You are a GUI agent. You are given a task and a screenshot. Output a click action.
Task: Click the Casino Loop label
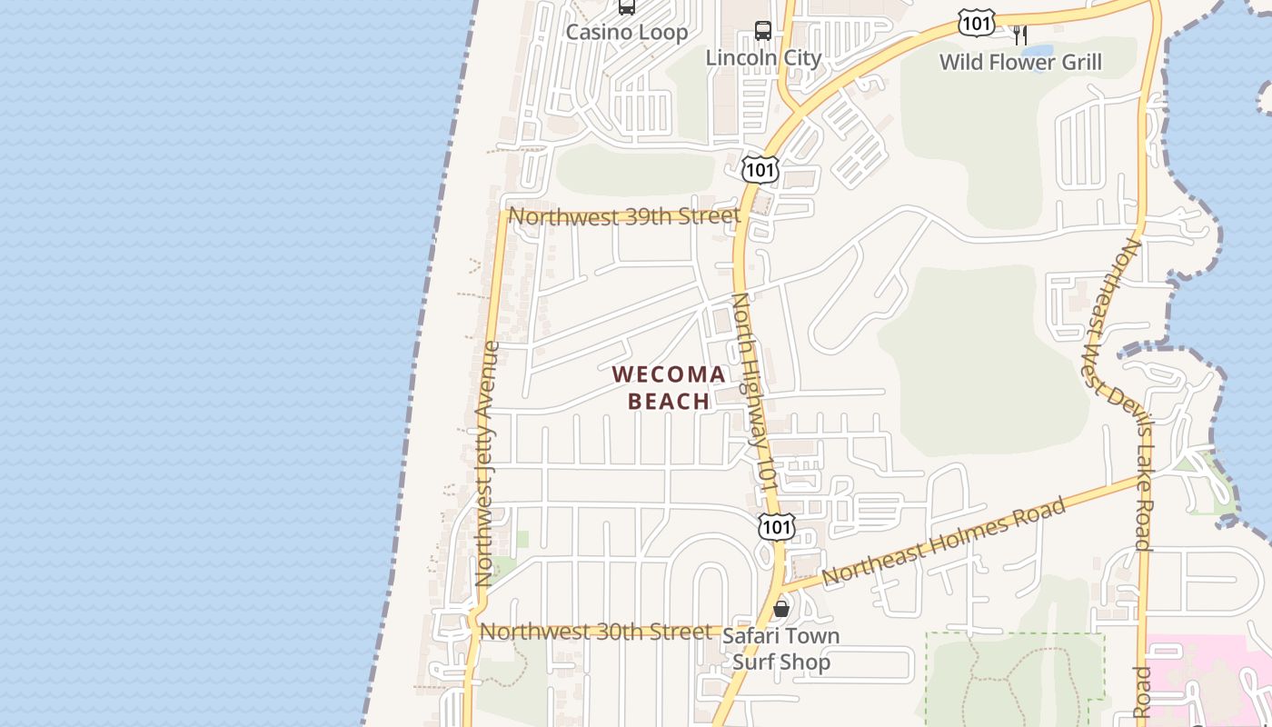pyautogui.click(x=627, y=33)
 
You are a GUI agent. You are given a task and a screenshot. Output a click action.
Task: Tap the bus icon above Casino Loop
pyautogui.click(x=626, y=7)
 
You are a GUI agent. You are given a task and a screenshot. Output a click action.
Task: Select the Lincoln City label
pyautogui.click(x=763, y=58)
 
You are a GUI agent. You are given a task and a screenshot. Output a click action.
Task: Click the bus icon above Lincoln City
pyautogui.click(x=763, y=31)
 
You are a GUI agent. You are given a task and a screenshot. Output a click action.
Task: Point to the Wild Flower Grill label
pyautogui.click(x=1020, y=63)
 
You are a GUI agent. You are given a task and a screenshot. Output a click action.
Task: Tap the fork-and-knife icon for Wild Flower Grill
pyautogui.click(x=1020, y=35)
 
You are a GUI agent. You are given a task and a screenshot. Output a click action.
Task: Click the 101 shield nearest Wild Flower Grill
pyautogui.click(x=977, y=23)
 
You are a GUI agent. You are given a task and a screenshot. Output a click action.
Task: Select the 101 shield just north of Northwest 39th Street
pyautogui.click(x=760, y=168)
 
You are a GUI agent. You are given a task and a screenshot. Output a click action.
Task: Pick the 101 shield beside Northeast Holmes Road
pyautogui.click(x=777, y=526)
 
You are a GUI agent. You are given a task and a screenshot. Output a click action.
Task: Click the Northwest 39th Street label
pyautogui.click(x=624, y=217)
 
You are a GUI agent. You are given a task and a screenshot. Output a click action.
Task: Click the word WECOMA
pyautogui.click(x=669, y=374)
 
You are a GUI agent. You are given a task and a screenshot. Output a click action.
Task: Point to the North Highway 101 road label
pyautogui.click(x=756, y=393)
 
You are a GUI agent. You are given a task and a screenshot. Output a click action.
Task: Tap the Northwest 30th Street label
pyautogui.click(x=596, y=632)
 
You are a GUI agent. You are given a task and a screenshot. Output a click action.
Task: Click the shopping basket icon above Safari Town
pyautogui.click(x=780, y=609)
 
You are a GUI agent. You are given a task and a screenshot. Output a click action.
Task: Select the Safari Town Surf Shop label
pyautogui.click(x=780, y=649)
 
